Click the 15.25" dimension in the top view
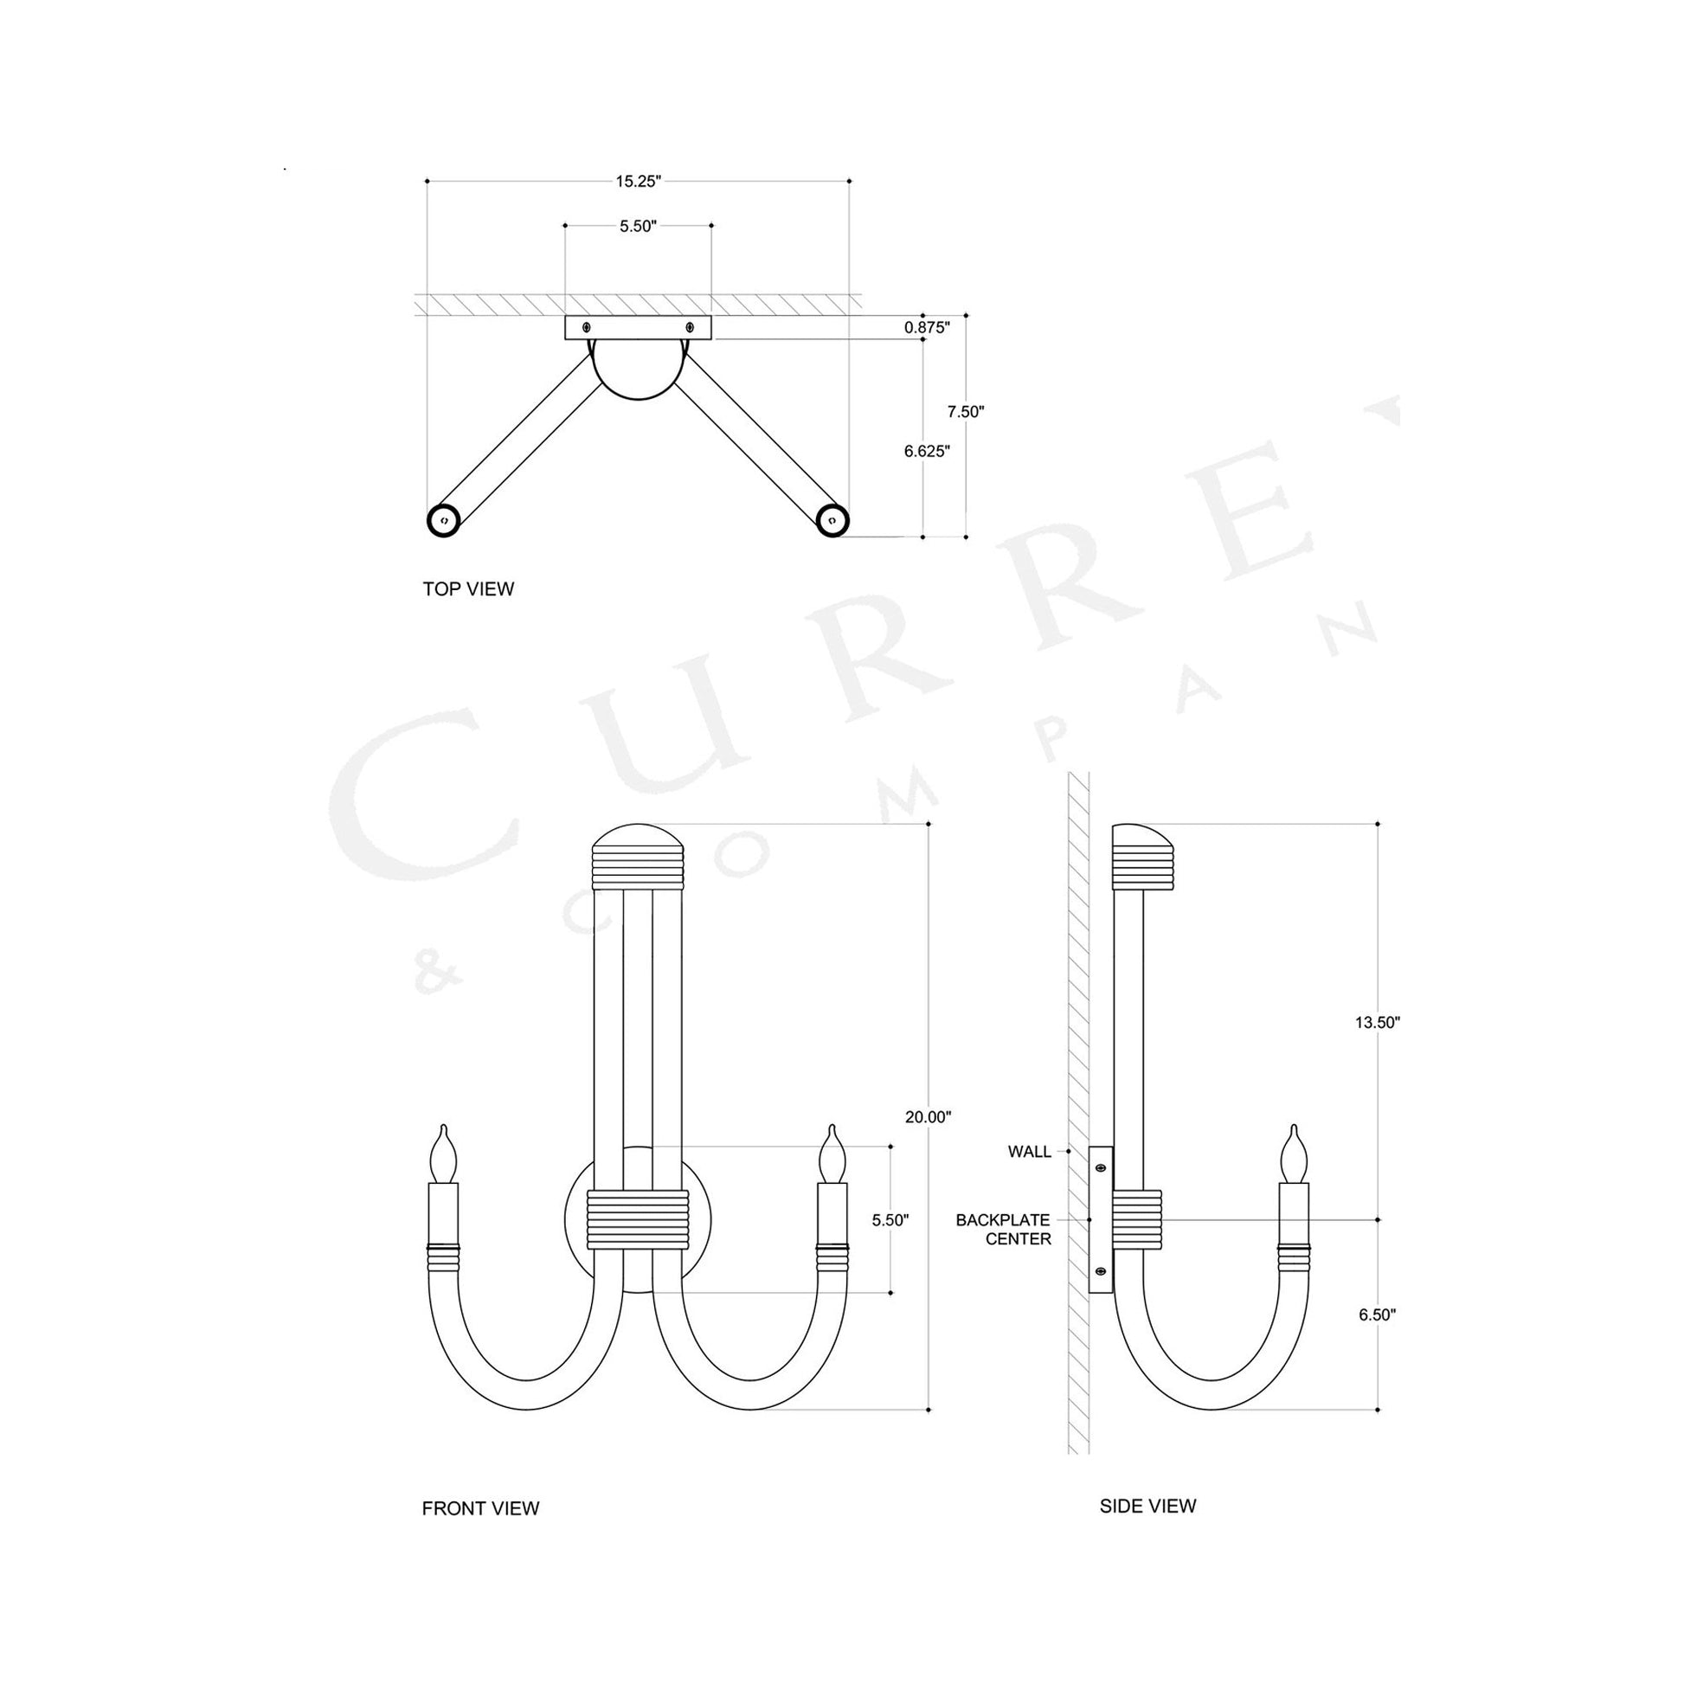click(x=639, y=182)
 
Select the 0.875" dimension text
click(x=927, y=328)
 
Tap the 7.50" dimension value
click(x=966, y=411)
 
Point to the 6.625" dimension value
click(x=927, y=451)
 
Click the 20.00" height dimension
click(x=929, y=1116)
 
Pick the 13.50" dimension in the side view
click(x=1377, y=1024)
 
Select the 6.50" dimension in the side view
click(x=1377, y=1340)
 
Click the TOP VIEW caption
click(x=468, y=589)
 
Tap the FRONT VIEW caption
click(x=480, y=1509)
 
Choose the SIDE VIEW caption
click(x=1148, y=1507)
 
